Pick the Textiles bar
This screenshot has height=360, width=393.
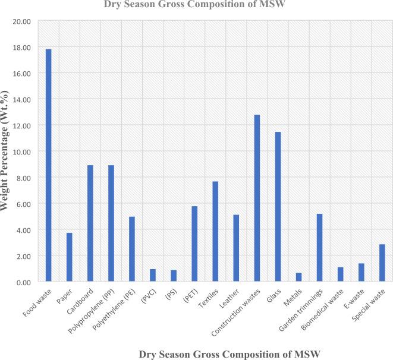tap(215, 231)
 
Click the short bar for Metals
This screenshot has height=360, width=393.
tap(298, 277)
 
